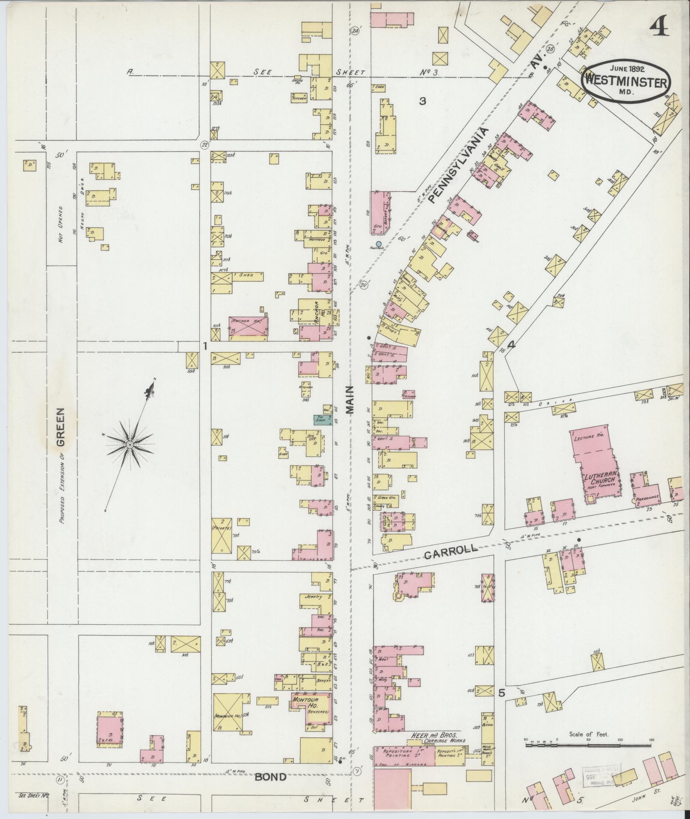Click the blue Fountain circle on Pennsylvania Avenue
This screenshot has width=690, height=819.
(x=378, y=244)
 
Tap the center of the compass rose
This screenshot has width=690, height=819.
(x=130, y=446)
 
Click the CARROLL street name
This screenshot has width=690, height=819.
(x=451, y=552)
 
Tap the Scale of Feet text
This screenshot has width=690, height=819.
(x=589, y=734)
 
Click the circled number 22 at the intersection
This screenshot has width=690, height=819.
(x=205, y=145)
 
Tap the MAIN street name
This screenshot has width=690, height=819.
(x=350, y=399)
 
